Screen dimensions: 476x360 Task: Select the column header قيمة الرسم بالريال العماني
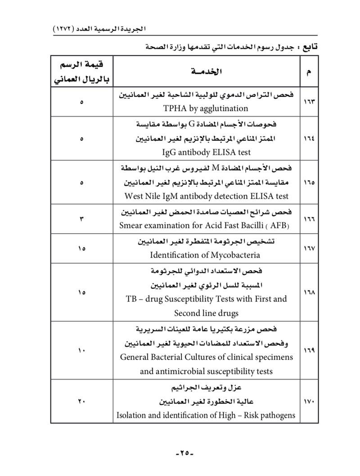tap(82, 72)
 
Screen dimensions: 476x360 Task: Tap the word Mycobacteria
tap(234, 255)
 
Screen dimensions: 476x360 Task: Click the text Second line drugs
tap(207, 313)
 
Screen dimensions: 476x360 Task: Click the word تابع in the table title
tap(309, 46)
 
